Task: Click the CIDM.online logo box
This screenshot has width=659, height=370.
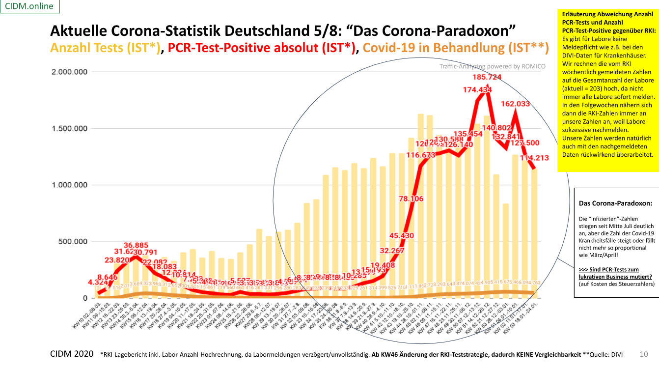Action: (29, 6)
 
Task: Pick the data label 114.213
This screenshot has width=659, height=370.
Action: (545, 158)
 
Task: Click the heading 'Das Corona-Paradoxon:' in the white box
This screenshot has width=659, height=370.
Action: (615, 203)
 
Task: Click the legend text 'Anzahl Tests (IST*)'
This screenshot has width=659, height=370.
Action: (106, 48)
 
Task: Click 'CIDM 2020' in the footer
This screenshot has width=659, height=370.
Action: (71, 354)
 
